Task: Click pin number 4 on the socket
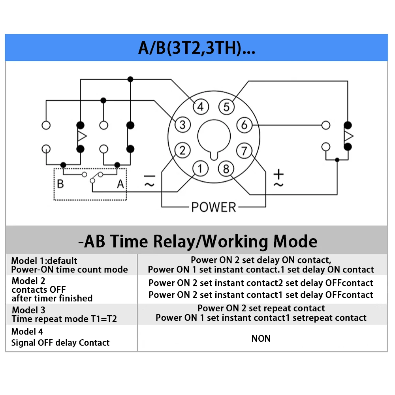pyautogui.click(x=201, y=107)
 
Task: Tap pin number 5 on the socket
pyautogui.click(x=226, y=107)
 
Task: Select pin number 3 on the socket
pyautogui.click(x=182, y=125)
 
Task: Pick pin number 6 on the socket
pyautogui.click(x=245, y=125)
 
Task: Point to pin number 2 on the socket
pyautogui.click(x=182, y=150)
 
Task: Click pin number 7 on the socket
pyautogui.click(x=244, y=150)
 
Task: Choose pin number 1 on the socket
pyautogui.click(x=200, y=169)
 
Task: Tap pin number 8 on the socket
pyautogui.click(x=226, y=169)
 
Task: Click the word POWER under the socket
pyautogui.click(x=214, y=207)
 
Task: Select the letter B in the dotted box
pyautogui.click(x=60, y=184)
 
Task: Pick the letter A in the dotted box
pyautogui.click(x=120, y=184)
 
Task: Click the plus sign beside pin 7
pyautogui.click(x=278, y=174)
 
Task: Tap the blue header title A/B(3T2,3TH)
pyautogui.click(x=197, y=48)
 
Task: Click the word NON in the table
pyautogui.click(x=261, y=339)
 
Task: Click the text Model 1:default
pyautogui.click(x=44, y=260)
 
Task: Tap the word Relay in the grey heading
pyautogui.click(x=174, y=241)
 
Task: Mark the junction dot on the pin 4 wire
pyautogui.click(x=130, y=79)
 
